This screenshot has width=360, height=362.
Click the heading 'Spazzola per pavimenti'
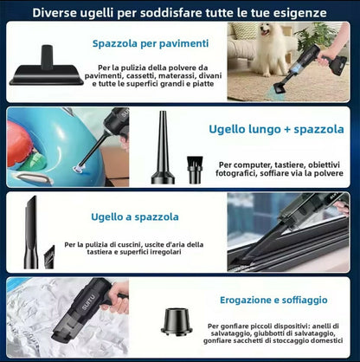[151, 43]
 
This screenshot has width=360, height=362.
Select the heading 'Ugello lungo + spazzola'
[276, 129]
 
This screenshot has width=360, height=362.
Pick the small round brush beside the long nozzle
[195, 170]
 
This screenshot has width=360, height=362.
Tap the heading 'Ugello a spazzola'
[135, 217]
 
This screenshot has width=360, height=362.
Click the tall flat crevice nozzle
[31, 232]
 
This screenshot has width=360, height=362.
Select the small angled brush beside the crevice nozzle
[49, 257]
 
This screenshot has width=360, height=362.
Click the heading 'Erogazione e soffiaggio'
[273, 300]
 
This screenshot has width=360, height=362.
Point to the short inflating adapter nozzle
[177, 321]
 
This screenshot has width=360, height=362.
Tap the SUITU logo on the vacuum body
[88, 302]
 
